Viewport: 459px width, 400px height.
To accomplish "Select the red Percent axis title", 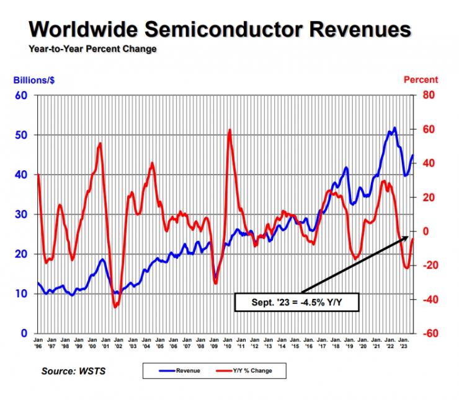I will click(x=421, y=80).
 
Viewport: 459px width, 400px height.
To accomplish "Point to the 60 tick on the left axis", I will click(x=23, y=95).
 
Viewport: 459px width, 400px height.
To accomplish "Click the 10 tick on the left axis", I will click(x=23, y=293).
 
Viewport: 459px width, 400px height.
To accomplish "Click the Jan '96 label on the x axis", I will click(x=38, y=342).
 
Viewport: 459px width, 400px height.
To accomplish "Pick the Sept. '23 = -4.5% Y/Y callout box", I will click(x=297, y=302).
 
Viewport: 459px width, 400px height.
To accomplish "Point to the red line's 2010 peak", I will click(x=229, y=130).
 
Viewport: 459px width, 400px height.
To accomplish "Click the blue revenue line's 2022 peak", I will click(x=394, y=128).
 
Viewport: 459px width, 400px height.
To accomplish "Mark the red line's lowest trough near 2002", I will click(x=115, y=307).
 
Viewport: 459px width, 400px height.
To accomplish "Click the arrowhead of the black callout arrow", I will click(x=409, y=238).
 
